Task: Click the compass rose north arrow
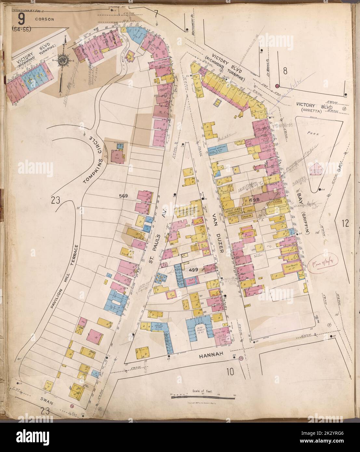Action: pyautogui.click(x=62, y=60)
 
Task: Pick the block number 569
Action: pyautogui.click(x=124, y=196)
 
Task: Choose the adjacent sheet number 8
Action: pyautogui.click(x=285, y=71)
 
